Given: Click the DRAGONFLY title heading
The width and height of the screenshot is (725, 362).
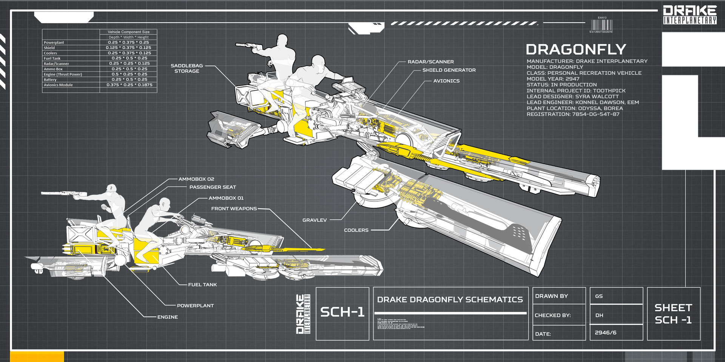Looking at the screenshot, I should point(575,49).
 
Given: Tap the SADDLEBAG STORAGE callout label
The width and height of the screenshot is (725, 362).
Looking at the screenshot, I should point(187,68).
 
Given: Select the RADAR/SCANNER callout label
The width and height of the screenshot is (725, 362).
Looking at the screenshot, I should point(430,62).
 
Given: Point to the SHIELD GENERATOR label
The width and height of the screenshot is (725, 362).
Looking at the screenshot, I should point(449,70).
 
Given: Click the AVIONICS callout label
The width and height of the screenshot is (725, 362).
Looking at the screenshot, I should point(446,81).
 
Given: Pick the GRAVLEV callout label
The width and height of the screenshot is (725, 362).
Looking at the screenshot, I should point(314,220).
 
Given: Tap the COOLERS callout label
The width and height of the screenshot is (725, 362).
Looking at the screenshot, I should point(356,230).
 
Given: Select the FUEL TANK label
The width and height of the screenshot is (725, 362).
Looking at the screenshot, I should point(202,285).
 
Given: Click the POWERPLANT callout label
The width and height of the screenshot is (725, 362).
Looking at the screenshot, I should point(195,306).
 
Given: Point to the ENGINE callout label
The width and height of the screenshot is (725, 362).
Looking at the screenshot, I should point(167,317).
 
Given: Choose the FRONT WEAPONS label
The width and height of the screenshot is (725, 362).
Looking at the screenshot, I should point(234,209).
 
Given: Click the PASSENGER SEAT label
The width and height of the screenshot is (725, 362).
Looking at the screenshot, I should point(213,187).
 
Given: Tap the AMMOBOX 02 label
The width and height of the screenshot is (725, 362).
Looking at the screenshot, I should point(196,179).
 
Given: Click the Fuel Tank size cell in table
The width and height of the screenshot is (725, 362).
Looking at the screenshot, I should point(129,58).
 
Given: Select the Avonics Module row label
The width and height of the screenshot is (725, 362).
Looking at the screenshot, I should point(58,85).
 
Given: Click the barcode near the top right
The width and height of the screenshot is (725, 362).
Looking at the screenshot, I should point(602,25).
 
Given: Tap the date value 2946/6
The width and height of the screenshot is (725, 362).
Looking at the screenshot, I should point(605,333).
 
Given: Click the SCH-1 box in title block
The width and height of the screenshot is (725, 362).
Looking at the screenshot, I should point(342,313).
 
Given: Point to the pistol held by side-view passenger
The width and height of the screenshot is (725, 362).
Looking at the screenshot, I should point(60,194).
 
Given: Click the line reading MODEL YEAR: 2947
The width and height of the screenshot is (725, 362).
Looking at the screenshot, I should point(553,79).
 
